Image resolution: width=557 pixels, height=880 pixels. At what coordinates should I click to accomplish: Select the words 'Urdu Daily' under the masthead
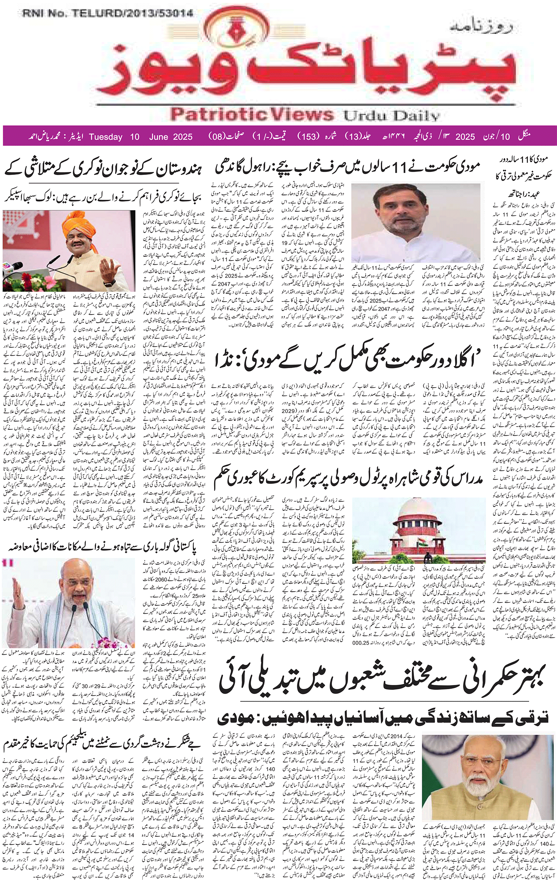click(391, 116)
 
